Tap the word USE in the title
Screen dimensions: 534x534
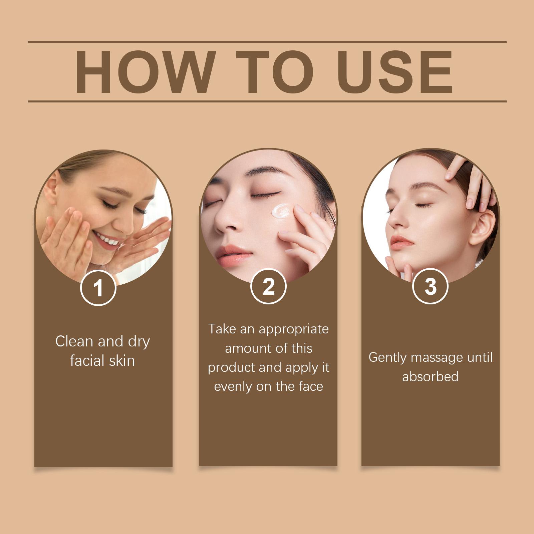click(x=397, y=72)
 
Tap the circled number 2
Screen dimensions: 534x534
click(x=268, y=286)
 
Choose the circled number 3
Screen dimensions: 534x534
click(x=430, y=286)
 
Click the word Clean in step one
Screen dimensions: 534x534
click(x=74, y=341)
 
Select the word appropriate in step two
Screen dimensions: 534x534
click(x=293, y=329)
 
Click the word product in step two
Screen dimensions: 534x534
click(x=230, y=367)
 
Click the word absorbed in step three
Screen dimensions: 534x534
click(x=430, y=377)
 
